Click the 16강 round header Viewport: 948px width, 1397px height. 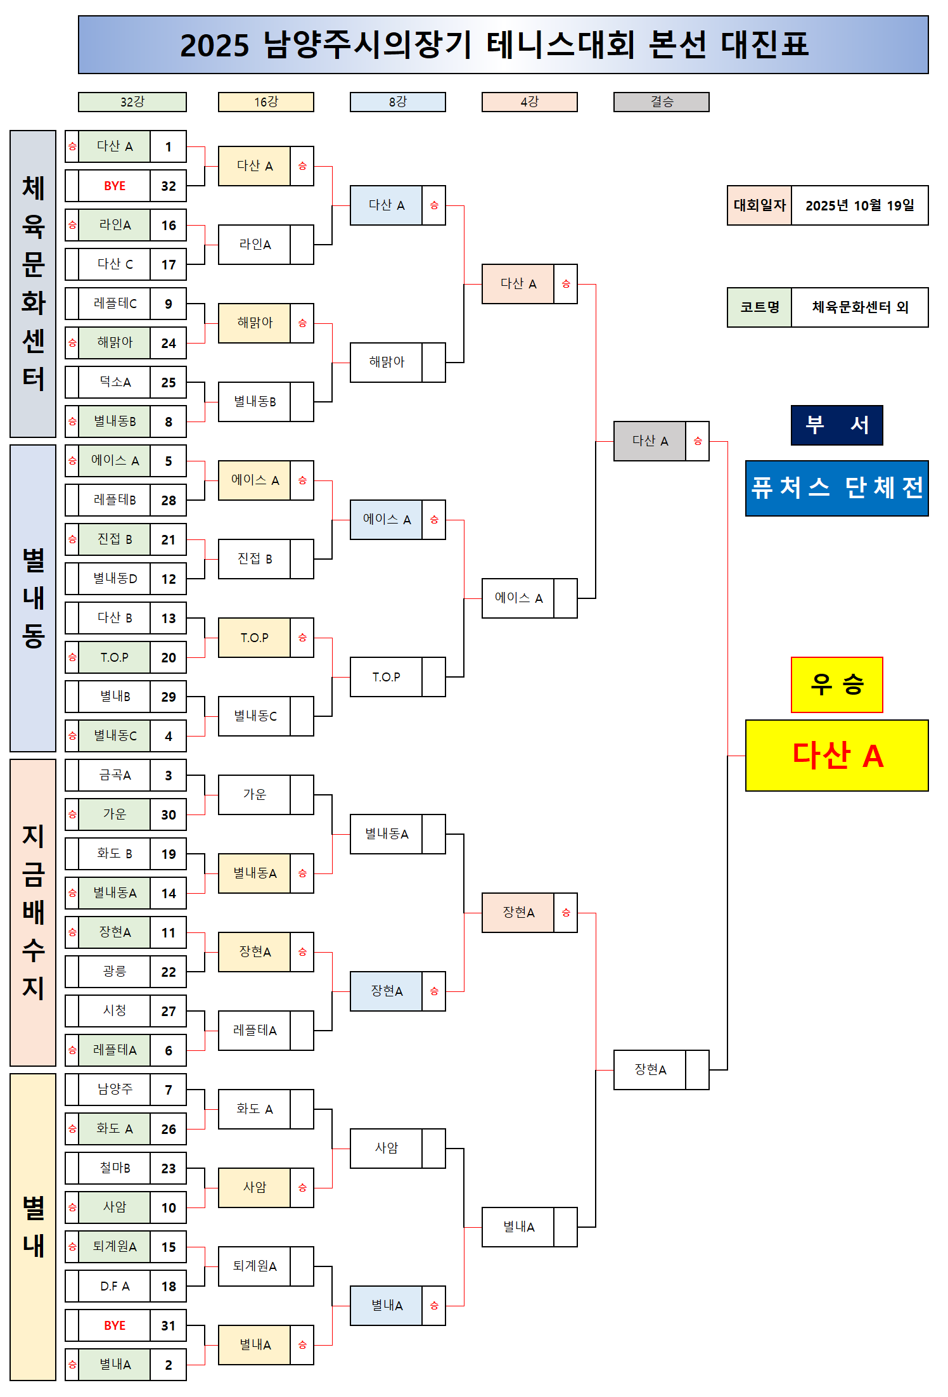(266, 102)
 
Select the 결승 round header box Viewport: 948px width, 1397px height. (661, 102)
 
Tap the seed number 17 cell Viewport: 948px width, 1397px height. (168, 264)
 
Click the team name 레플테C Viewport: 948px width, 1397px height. (115, 304)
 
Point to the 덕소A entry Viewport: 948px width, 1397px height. (115, 382)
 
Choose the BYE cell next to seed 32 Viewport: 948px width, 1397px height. (115, 186)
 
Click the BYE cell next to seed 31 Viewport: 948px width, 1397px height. (115, 1325)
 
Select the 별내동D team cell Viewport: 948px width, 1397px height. (115, 579)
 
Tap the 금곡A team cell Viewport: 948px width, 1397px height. (115, 775)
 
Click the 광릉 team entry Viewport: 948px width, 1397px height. (115, 972)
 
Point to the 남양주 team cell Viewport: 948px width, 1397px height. (115, 1090)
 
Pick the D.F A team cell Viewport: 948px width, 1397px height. (115, 1286)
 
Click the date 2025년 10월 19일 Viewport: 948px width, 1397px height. (859, 205)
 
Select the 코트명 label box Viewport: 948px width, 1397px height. (759, 307)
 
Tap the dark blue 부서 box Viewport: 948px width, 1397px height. (836, 425)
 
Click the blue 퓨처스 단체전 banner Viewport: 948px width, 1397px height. (836, 488)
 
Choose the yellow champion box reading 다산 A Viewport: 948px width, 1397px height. (836, 756)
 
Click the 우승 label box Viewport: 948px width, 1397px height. (836, 685)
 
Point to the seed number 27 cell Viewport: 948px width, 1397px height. (168, 1011)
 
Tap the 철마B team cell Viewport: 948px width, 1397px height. (115, 1168)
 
